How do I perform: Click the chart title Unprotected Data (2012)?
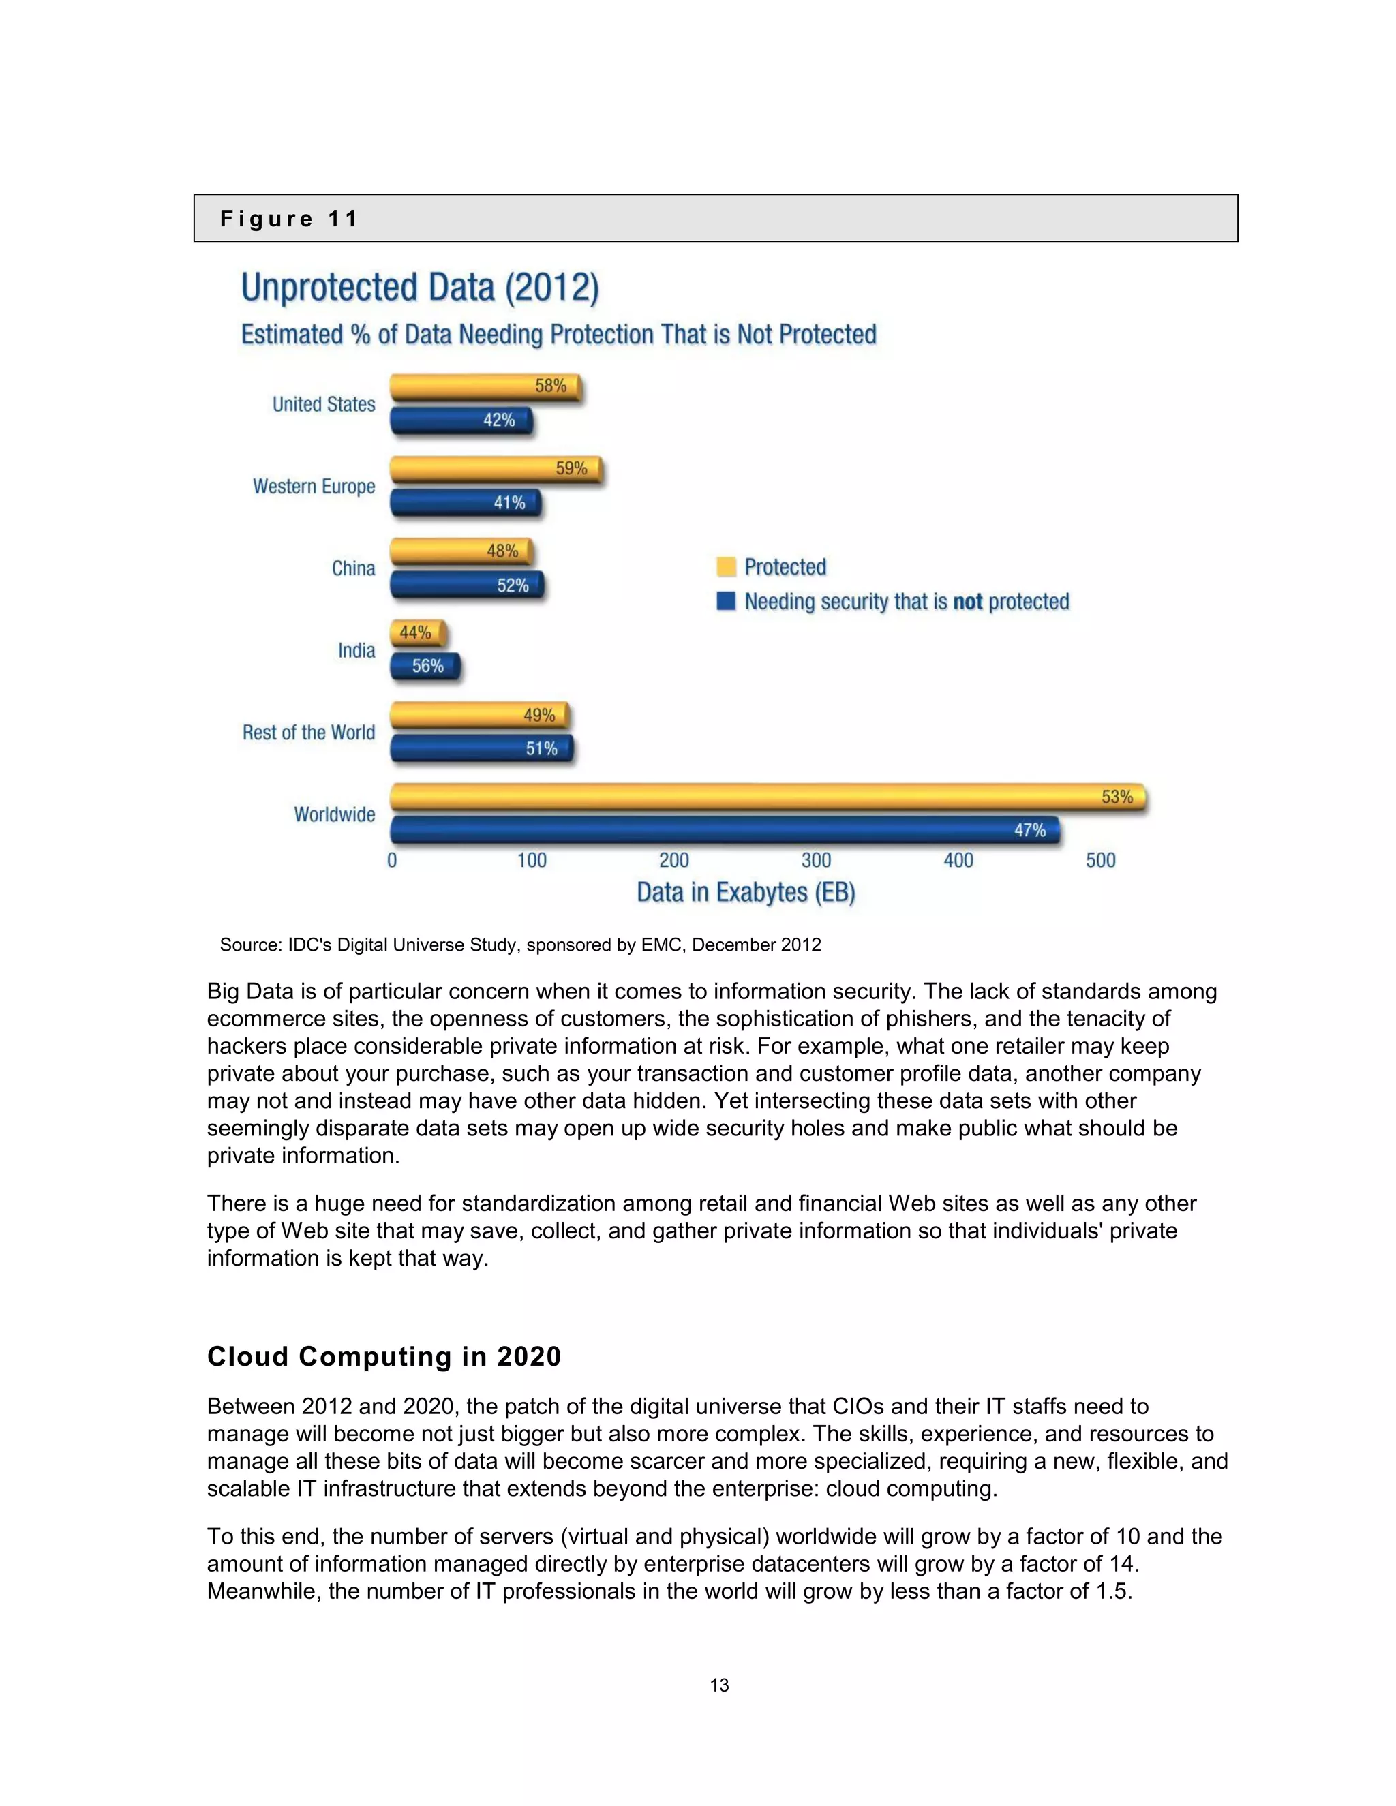pos(419,288)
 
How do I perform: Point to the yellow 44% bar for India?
pos(418,633)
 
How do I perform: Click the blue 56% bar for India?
pos(424,667)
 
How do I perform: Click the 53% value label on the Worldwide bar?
pos(1117,797)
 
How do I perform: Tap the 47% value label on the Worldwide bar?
pos(1030,830)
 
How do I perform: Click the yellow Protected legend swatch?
pos(726,567)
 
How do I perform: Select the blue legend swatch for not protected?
pos(726,601)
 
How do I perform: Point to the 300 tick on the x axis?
pos(816,861)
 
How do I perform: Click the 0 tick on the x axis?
pos(392,861)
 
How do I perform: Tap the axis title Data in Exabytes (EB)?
pos(746,893)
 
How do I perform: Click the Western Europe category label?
pos(314,486)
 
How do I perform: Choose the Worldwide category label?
pos(334,814)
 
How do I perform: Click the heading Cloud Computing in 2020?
pos(384,1357)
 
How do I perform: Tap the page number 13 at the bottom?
pos(718,1685)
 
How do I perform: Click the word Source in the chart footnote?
pos(249,945)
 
